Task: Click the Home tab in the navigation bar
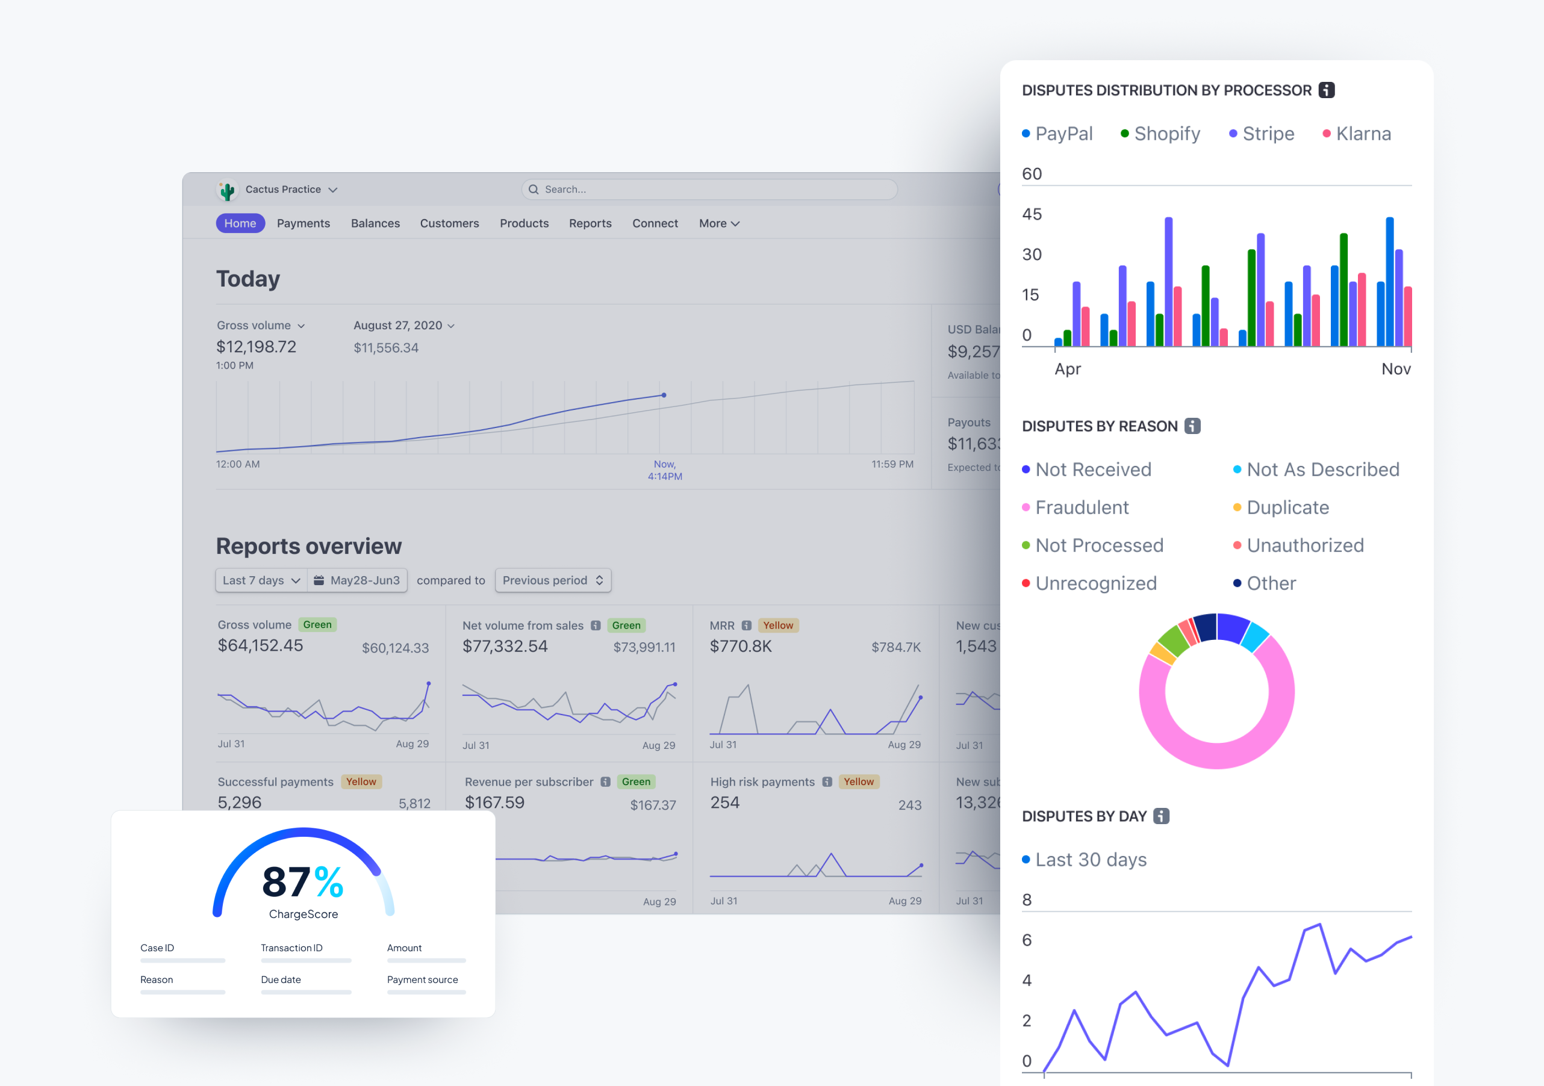240,223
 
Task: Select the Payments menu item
304,223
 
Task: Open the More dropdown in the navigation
719,223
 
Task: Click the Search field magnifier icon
534,190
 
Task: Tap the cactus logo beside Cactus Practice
227,191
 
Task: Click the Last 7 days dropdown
261,580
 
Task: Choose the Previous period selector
553,580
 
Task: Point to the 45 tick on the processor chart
1032,214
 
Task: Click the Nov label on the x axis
1395,369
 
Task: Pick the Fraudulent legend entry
1082,507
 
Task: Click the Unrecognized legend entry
1095,584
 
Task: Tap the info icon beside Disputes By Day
1162,816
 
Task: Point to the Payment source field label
422,980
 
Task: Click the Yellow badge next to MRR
777,625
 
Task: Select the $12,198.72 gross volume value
256,347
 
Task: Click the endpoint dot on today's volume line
664,396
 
